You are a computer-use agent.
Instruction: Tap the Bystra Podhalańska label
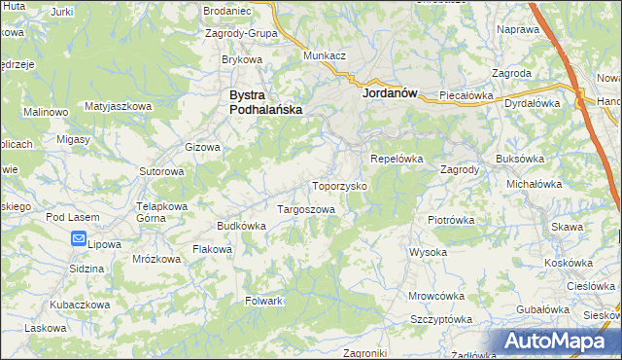coord(265,103)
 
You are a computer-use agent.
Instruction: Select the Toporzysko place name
coord(338,185)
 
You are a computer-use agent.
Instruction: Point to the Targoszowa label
coord(306,209)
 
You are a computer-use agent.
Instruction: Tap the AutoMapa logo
coord(560,342)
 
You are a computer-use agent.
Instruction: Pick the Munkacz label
coord(325,56)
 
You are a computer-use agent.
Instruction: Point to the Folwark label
coord(263,301)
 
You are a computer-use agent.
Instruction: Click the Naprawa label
coord(517,30)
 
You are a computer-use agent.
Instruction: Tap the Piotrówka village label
coord(450,220)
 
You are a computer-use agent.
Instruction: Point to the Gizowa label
coord(203,148)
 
